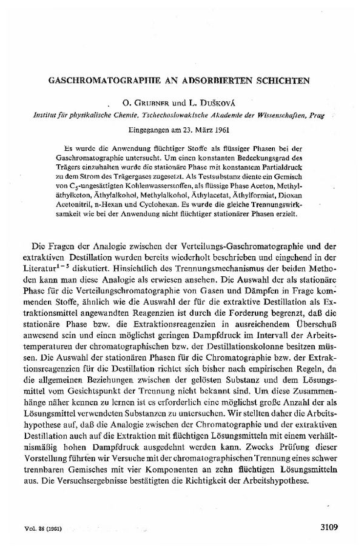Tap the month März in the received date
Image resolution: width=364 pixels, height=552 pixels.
(x=206, y=129)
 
